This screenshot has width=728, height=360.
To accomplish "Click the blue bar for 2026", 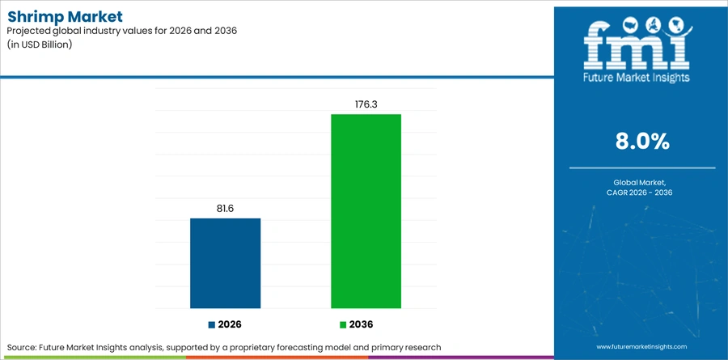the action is [x=225, y=263].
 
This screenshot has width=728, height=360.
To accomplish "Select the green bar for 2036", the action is [x=366, y=211].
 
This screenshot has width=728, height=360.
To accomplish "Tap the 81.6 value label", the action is [x=225, y=209].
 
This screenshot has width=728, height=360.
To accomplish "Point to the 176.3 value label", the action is [x=366, y=104].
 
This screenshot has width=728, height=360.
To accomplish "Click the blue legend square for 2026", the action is [x=212, y=324].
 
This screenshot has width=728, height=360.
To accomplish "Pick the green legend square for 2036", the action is [x=343, y=324].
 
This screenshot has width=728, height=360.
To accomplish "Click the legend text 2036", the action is [x=361, y=324].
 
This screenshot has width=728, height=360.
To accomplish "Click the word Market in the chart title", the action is [x=95, y=17].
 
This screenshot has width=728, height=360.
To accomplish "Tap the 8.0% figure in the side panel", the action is [x=642, y=142].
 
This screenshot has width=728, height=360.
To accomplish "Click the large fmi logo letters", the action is [x=637, y=48].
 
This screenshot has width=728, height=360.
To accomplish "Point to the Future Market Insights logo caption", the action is [x=637, y=78].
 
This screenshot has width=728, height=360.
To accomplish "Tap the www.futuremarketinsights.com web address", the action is [x=641, y=346].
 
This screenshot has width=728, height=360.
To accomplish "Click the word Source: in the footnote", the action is [x=22, y=347].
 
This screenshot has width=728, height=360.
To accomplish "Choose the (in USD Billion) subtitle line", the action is [x=40, y=45].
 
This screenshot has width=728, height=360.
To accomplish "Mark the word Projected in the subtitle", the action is [x=28, y=31].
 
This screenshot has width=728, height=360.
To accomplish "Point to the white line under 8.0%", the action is [x=642, y=167].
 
